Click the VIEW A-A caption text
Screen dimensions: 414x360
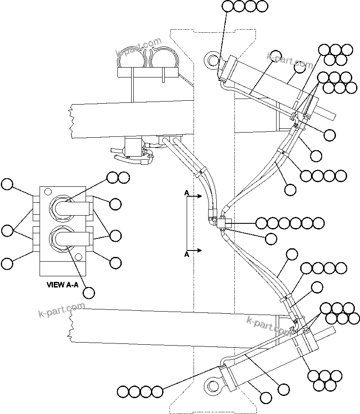pos(62,284)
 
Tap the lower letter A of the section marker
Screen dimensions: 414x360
pos(187,255)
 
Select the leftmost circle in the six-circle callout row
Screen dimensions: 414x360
pos(262,223)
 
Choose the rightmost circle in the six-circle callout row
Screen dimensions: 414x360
pos(318,223)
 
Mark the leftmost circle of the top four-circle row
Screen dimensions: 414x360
pos(228,6)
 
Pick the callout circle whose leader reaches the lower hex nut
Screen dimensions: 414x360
pos(89,293)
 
